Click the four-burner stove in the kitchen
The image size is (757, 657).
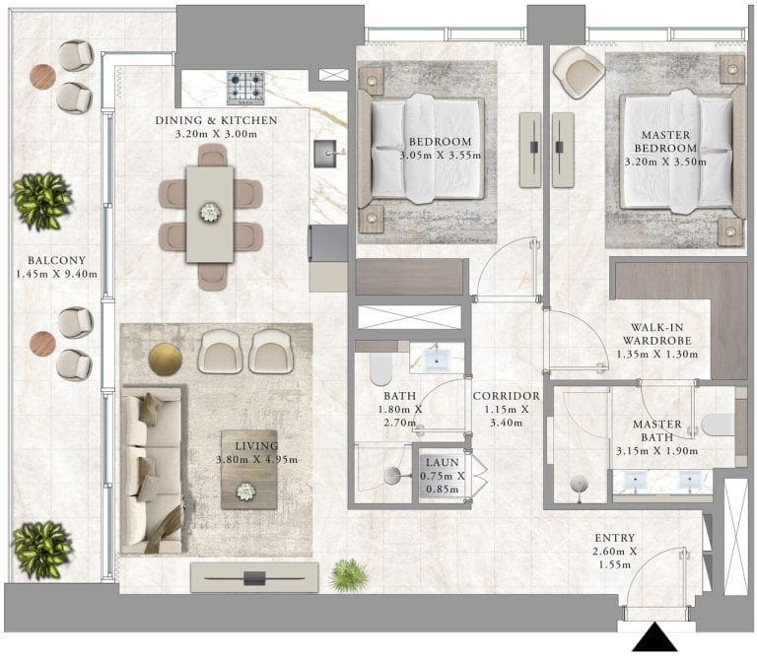[245, 89]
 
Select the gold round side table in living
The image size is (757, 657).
[166, 360]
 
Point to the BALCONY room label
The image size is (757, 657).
[56, 260]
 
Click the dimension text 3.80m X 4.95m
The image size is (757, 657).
[257, 460]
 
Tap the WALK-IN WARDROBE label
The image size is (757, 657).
[657, 334]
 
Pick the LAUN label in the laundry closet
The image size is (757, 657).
[443, 462]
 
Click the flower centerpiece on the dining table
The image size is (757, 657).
[210, 212]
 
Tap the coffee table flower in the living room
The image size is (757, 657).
[245, 492]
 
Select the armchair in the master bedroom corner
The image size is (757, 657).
[579, 72]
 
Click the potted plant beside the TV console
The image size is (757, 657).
[349, 575]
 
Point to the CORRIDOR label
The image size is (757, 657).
[507, 396]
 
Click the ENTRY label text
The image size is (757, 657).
[615, 538]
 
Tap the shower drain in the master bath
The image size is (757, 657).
[579, 484]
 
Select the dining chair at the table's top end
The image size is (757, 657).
[213, 156]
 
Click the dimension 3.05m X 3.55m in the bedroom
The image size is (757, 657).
[441, 156]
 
